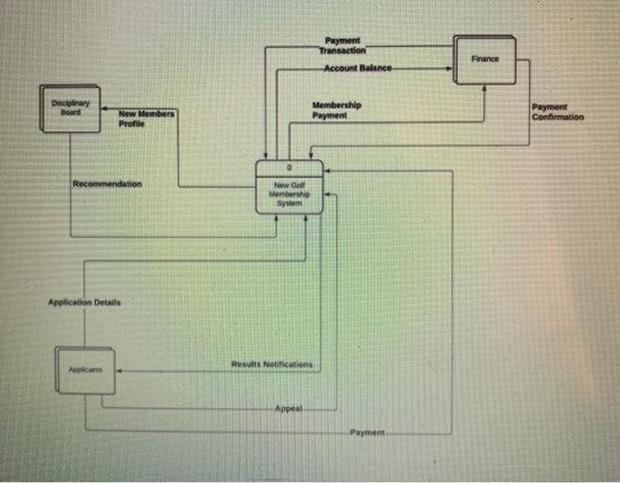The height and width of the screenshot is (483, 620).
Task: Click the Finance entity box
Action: click(484, 59)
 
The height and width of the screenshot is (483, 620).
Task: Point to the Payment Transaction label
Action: click(342, 45)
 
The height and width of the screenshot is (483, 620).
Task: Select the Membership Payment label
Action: click(337, 111)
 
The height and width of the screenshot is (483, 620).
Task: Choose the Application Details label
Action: click(84, 302)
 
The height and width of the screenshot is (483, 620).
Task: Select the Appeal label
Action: click(288, 409)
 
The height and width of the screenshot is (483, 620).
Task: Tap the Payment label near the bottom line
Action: click(364, 432)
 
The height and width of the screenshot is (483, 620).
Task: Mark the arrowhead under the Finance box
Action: click(484, 88)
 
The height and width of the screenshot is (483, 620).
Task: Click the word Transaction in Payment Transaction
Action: click(342, 51)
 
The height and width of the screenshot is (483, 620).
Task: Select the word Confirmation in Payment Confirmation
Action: click(558, 116)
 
